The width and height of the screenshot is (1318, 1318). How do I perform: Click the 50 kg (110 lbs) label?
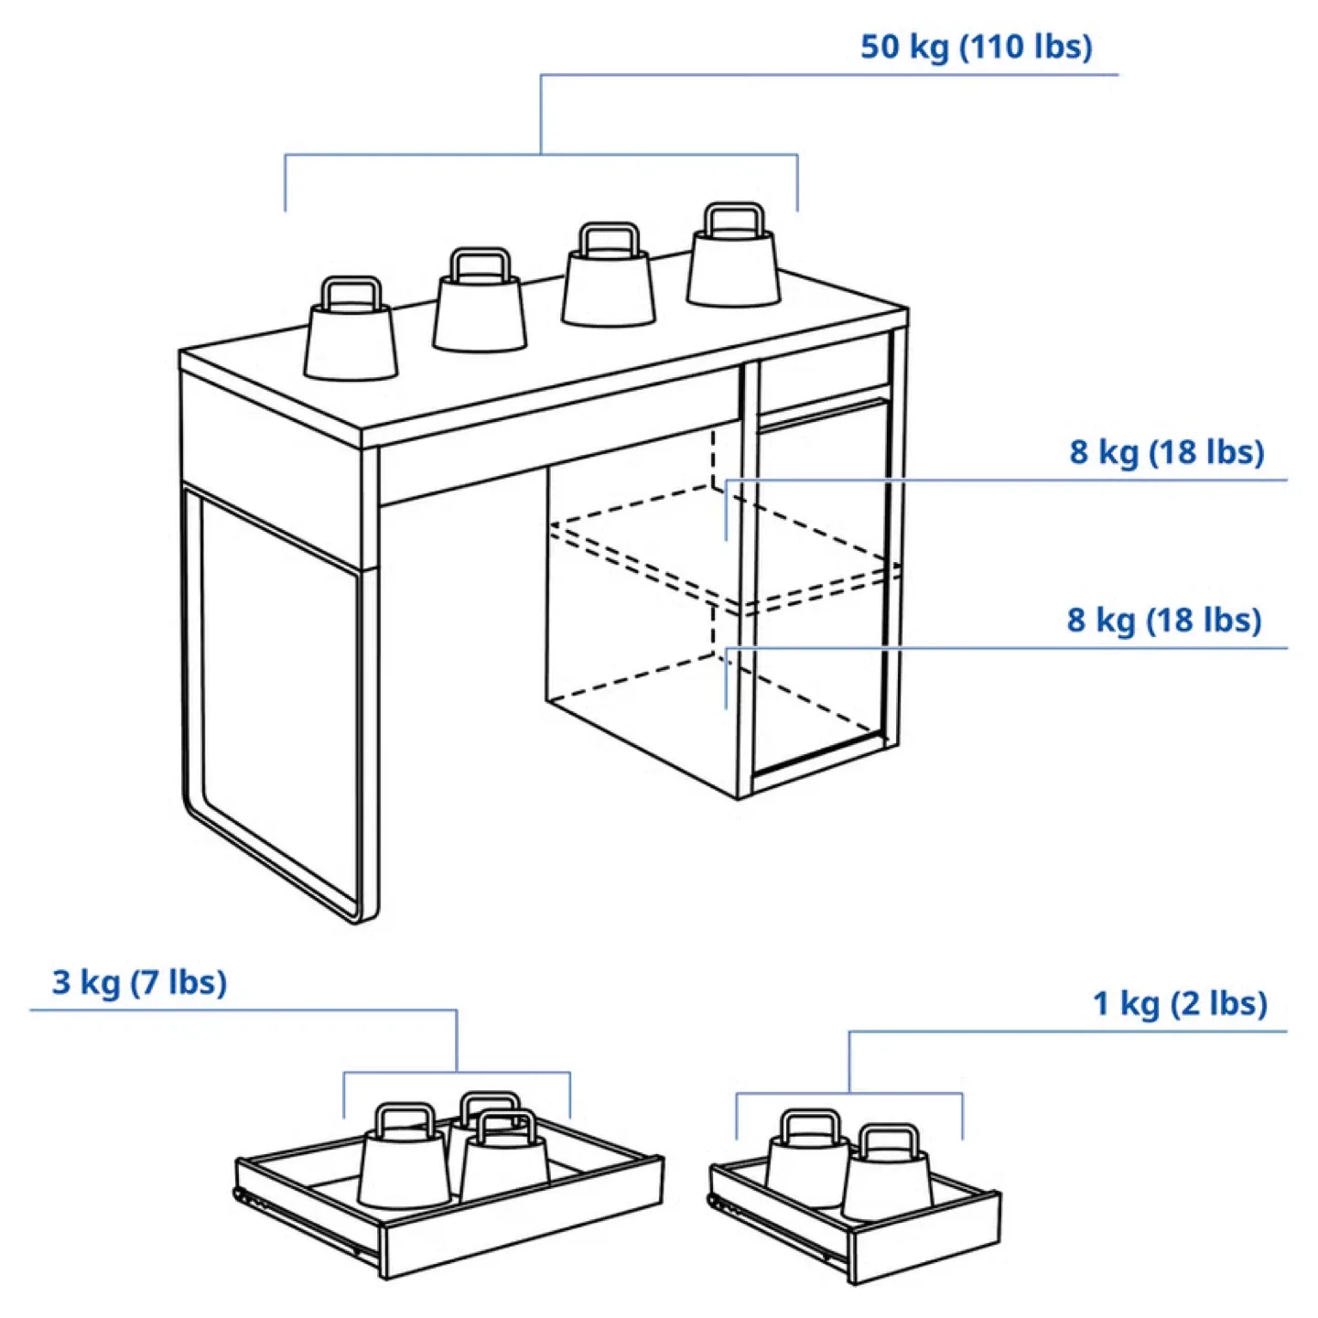[x=976, y=47]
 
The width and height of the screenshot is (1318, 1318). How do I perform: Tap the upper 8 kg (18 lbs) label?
[x=1167, y=452]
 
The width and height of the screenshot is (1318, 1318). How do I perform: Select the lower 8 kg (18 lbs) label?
[x=1164, y=621]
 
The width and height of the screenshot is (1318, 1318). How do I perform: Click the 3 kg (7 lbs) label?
[x=139, y=982]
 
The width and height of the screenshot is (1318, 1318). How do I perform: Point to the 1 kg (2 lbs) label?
[x=1180, y=1003]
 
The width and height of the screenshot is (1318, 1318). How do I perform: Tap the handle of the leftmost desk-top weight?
[x=351, y=292]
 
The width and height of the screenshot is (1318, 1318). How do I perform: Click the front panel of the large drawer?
[x=522, y=1231]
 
